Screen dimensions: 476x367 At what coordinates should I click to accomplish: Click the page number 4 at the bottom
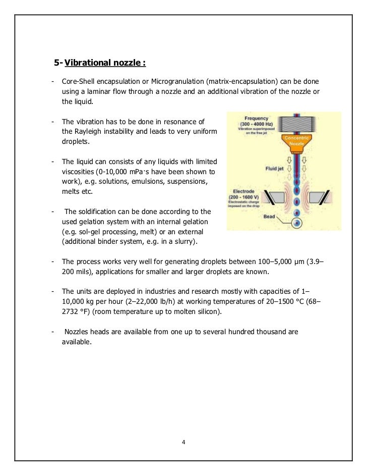[183, 443]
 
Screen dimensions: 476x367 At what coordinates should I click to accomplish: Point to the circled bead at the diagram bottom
[297, 222]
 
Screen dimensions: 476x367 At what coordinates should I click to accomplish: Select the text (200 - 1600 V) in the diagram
[251, 197]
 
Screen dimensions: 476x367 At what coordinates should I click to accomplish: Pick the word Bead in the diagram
[270, 217]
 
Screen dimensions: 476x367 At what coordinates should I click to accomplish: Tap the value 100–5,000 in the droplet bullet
[261, 262]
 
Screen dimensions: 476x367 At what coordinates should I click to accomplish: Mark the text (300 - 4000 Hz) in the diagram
[255, 123]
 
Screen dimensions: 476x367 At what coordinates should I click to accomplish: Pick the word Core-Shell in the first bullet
[79, 81]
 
